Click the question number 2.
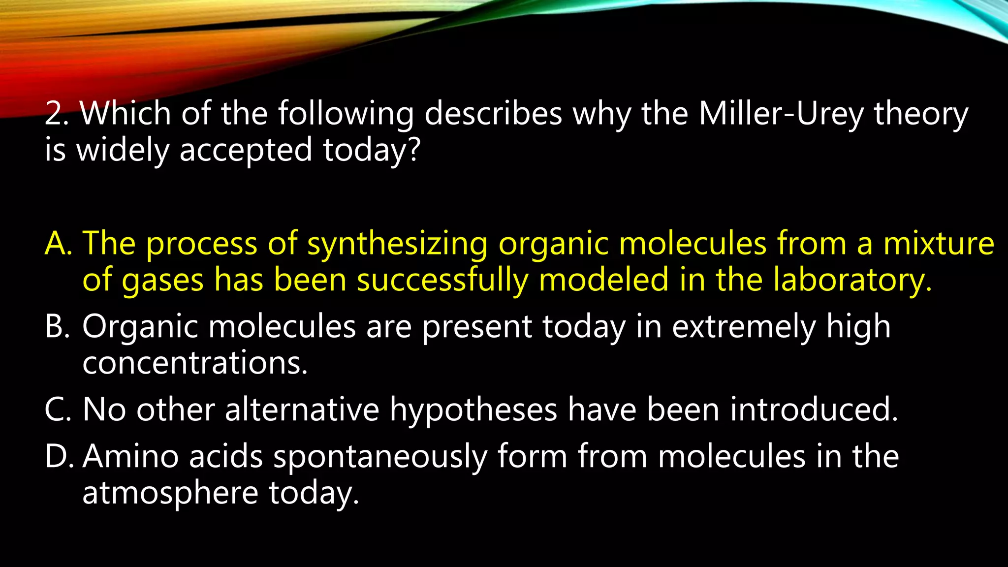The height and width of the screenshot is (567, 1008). click(x=53, y=114)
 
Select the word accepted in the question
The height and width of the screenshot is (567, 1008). click(x=246, y=150)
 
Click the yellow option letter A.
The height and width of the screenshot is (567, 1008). click(x=57, y=243)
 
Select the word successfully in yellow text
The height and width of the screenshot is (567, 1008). click(x=442, y=280)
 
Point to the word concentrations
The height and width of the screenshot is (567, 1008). click(x=194, y=363)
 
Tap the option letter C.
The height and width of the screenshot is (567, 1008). click(x=57, y=409)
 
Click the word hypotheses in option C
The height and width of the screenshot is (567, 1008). click(x=473, y=410)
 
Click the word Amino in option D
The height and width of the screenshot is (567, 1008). click(x=130, y=456)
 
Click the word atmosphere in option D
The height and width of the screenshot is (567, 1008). click(x=170, y=493)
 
